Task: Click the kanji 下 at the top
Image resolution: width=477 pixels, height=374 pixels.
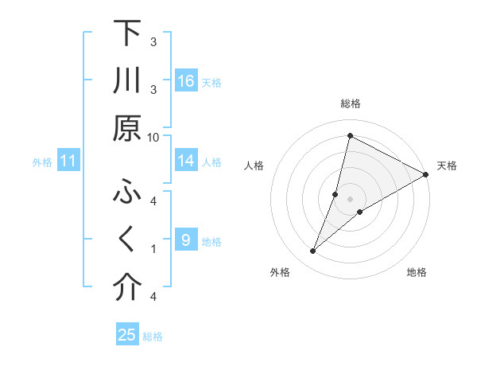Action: pos(127,33)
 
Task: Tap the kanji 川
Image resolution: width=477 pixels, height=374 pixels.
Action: pos(127,81)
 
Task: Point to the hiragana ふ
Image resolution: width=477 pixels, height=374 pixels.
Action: pos(127,193)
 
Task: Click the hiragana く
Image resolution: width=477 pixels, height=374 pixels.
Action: pos(127,240)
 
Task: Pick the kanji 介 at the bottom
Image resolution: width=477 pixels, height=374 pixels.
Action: pos(127,288)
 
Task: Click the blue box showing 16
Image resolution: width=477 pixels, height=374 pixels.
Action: pos(185,81)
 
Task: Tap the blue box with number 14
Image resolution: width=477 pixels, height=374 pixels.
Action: pos(185,161)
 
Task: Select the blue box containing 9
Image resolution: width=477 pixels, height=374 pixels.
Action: pos(185,240)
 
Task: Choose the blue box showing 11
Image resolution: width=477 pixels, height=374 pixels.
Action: pos(68,162)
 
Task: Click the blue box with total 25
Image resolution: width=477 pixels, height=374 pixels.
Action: pos(127,335)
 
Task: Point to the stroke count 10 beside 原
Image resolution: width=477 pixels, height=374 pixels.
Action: pos(153,137)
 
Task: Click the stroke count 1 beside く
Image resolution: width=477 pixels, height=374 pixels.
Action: pos(153,248)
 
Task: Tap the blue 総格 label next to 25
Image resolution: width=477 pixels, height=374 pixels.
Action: pos(153,337)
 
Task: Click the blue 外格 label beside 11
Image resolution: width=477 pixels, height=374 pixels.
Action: pos(42,162)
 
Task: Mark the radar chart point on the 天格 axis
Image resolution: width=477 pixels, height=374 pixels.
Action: pos(425,176)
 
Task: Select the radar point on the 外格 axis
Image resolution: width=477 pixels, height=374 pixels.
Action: pos(313,251)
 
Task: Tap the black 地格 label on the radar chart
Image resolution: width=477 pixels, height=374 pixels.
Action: pos(417,273)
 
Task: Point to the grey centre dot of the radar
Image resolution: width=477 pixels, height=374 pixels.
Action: pos(350,199)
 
